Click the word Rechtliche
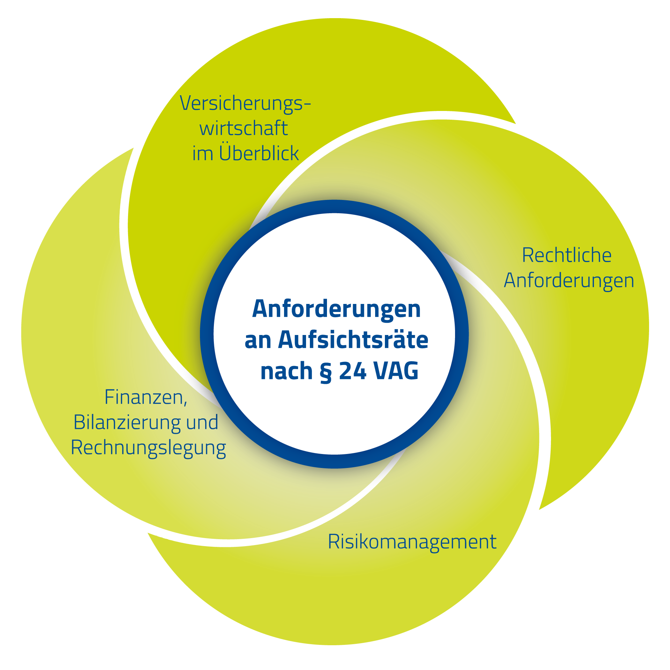(x=567, y=255)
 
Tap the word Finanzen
(x=146, y=397)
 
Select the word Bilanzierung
(x=127, y=423)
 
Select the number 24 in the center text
(x=352, y=371)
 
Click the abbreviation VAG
(x=396, y=371)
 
